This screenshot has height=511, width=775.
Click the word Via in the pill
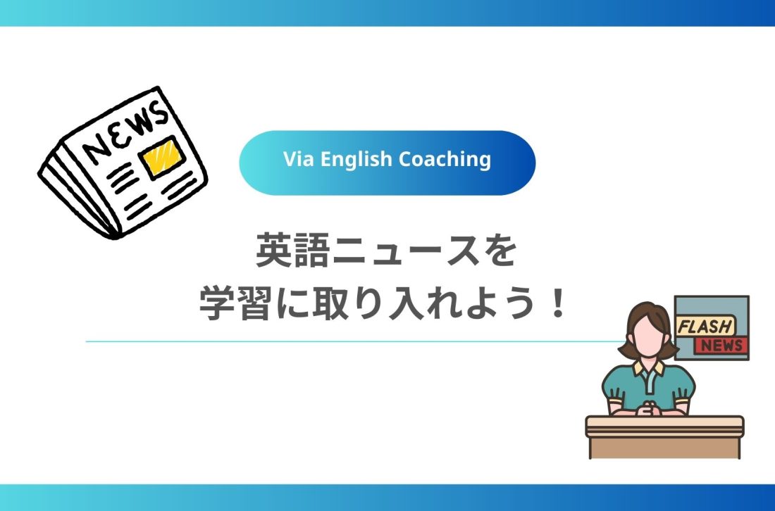[x=297, y=160]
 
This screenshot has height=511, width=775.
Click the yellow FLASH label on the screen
[x=705, y=327]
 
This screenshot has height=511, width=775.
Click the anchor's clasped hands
[x=645, y=407]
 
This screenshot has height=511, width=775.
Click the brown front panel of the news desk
[x=664, y=446]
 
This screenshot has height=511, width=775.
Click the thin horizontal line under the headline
[x=352, y=342]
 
